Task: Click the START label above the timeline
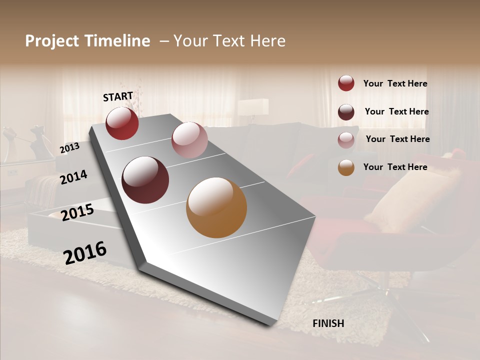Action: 118,96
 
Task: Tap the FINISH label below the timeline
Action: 328,323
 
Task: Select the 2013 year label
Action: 69,148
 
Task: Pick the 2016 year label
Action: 85,252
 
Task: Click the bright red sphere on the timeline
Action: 122,123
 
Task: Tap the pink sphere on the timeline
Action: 189,140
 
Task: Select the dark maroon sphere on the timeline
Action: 145,180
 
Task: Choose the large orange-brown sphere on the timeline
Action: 216,207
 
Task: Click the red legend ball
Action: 346,83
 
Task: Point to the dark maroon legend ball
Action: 346,112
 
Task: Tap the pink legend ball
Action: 346,140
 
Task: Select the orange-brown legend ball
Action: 346,168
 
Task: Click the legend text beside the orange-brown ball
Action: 395,167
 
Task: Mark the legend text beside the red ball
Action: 395,83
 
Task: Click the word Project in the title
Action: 51,41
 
